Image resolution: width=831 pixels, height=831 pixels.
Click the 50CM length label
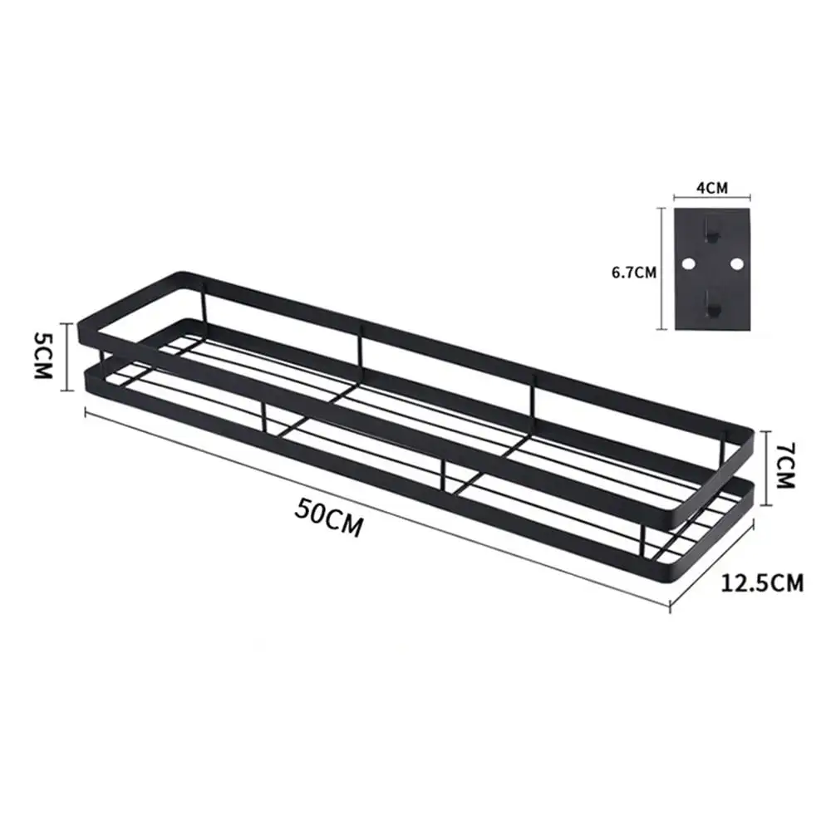click(x=329, y=518)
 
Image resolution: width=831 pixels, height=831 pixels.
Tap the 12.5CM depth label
click(x=761, y=583)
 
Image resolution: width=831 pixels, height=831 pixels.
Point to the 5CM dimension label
click(x=43, y=355)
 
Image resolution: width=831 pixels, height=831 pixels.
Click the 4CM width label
click(x=712, y=188)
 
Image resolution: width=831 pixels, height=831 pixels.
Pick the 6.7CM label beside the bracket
click(x=634, y=273)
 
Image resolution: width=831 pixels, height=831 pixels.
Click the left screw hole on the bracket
click(x=688, y=263)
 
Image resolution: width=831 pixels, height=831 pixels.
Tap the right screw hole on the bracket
click(x=736, y=263)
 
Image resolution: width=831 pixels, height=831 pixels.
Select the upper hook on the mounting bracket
click(x=712, y=229)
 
